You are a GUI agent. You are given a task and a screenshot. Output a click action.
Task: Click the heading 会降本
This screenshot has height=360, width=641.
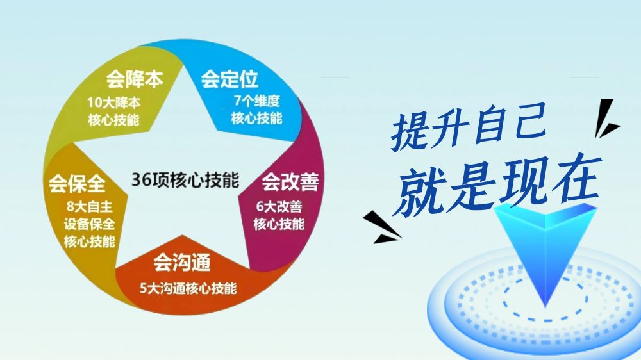(135, 79)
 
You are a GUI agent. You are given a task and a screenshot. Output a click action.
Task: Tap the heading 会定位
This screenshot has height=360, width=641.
(229, 79)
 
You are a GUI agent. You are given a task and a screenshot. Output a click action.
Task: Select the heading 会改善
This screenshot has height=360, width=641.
(290, 182)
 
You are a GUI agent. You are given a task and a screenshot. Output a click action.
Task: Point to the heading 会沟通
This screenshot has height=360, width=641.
(182, 263)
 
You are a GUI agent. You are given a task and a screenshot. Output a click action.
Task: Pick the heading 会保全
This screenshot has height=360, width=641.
(77, 183)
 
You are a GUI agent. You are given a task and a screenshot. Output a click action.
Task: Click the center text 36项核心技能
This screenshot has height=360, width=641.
(185, 180)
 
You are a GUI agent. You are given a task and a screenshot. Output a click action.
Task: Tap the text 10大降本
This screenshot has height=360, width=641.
(113, 102)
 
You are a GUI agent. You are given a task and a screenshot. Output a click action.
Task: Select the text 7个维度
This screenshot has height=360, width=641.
(257, 101)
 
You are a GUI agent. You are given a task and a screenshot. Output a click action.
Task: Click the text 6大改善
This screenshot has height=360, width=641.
(279, 207)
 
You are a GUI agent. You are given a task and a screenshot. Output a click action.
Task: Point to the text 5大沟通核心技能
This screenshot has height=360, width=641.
(188, 288)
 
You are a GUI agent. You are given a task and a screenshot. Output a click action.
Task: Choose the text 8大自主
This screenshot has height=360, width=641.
(90, 207)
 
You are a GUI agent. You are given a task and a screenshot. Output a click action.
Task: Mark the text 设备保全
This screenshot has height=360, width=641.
(90, 224)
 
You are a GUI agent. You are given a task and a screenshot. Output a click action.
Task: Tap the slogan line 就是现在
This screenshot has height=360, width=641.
(498, 186)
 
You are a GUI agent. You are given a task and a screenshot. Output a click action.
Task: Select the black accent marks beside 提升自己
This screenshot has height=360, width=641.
(606, 118)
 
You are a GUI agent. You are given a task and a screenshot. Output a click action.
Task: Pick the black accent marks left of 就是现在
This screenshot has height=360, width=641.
(381, 227)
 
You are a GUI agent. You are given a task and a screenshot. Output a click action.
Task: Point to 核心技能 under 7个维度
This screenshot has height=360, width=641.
(257, 119)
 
